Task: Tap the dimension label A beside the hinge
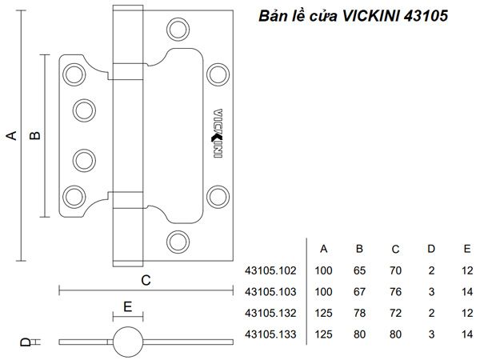[11, 135]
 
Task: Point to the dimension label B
[35, 135]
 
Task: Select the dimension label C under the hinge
[146, 279]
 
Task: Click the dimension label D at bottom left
[25, 342]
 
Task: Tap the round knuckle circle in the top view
[127, 341]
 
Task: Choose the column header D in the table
[432, 248]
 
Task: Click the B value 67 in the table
[360, 292]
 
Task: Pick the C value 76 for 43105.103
[396, 292]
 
